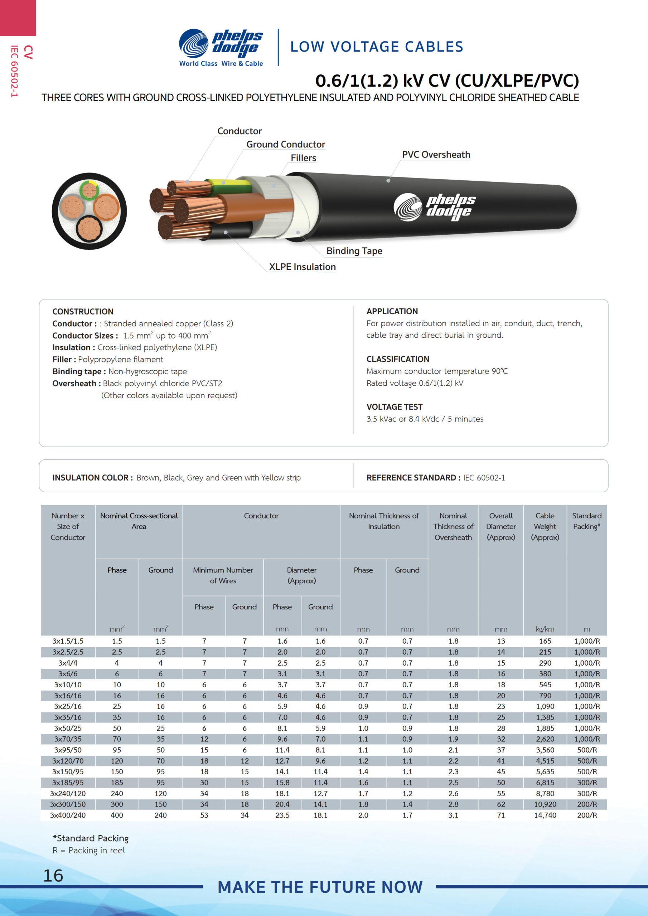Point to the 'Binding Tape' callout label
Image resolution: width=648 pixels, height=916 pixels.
pos(354,251)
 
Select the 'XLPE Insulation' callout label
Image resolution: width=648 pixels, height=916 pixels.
pos(302,267)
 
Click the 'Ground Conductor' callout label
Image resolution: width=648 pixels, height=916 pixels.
pos(285,145)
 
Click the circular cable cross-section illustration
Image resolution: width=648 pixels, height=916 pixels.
pos(90,211)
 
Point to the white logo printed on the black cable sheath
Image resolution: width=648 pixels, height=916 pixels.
pos(434,207)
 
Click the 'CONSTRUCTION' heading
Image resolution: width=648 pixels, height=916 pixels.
pos(83,311)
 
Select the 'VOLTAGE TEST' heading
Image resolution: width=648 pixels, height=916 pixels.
pos(394,407)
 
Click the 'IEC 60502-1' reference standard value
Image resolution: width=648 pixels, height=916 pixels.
pos(484,478)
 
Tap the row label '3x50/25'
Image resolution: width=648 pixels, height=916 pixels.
pos(68,728)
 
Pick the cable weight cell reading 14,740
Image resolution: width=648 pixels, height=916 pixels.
pos(545,815)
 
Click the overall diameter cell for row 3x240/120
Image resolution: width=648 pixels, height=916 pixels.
pos(500,794)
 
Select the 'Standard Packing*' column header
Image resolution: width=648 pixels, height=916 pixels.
pos(586,521)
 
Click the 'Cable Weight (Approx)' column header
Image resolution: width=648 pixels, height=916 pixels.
pos(545,526)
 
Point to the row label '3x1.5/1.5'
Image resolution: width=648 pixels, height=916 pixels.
pos(68,641)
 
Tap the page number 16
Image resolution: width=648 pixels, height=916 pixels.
pos(53,875)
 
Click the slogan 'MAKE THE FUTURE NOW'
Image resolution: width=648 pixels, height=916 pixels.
pos(320,887)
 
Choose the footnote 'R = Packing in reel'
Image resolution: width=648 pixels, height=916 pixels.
pos(89,850)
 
